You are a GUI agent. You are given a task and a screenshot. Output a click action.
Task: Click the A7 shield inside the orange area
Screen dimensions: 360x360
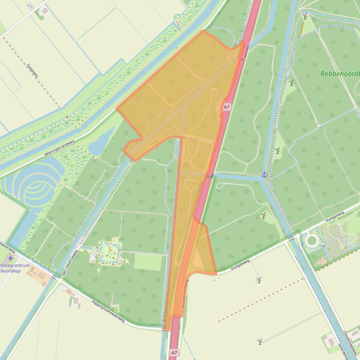(227, 107)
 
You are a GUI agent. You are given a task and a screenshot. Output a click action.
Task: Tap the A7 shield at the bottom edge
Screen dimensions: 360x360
(174, 353)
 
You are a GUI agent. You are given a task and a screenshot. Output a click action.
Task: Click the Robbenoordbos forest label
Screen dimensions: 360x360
(340, 74)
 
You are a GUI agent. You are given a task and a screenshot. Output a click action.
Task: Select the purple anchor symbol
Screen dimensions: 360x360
(264, 175)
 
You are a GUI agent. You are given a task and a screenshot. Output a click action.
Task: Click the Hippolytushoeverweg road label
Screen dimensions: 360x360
(108, 311)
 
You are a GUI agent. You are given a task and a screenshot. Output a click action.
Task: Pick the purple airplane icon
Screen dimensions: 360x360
(11, 258)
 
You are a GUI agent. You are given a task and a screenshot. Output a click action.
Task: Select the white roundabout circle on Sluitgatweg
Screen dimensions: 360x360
(311, 241)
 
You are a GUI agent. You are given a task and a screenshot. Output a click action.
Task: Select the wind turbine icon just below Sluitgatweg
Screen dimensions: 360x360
(258, 280)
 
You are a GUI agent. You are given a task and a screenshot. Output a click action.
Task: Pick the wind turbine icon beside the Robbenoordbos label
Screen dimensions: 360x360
(292, 83)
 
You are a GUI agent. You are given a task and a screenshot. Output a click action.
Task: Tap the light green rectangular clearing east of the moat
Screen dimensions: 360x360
(147, 262)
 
